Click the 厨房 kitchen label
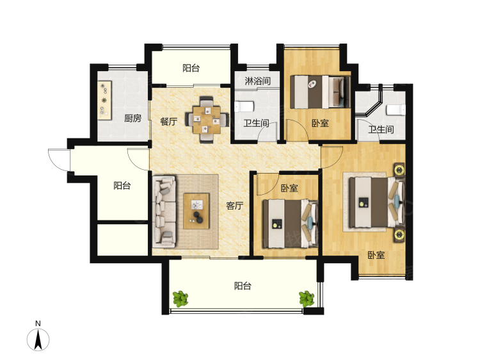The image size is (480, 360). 132,119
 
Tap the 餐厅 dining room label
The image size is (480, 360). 169,121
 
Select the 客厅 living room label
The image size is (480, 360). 235,206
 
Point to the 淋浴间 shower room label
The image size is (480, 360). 258,81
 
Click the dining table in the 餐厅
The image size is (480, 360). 207,120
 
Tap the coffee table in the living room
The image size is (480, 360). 196,211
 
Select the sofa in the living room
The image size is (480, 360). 164,211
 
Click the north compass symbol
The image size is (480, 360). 38,340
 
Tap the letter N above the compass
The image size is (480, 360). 38,323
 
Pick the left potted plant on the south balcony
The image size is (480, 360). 180,299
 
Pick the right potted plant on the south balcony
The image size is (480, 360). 307,299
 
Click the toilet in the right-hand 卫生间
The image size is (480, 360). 396,110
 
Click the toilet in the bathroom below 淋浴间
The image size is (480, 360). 244,106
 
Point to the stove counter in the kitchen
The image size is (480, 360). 104,100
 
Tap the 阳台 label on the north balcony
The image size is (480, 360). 191,68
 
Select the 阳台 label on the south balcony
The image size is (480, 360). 243,286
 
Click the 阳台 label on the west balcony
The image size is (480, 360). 122,185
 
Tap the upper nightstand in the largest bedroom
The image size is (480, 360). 399,170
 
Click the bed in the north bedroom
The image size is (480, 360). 320,92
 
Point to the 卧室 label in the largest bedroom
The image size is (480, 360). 376,255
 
